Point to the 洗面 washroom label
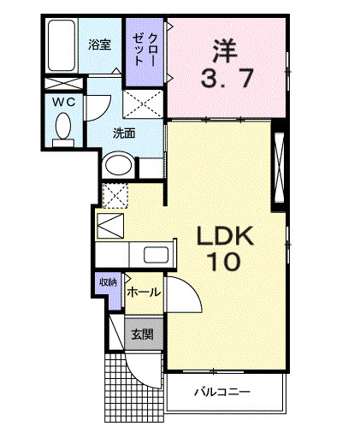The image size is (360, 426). point(125,133)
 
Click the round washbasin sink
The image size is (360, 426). point(118,166)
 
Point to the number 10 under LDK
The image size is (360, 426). point(224,262)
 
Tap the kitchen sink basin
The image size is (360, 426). point(156,254)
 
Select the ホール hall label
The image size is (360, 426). point(142,293)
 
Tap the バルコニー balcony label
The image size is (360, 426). point(221,393)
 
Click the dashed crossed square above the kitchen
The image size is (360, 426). point(114,194)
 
